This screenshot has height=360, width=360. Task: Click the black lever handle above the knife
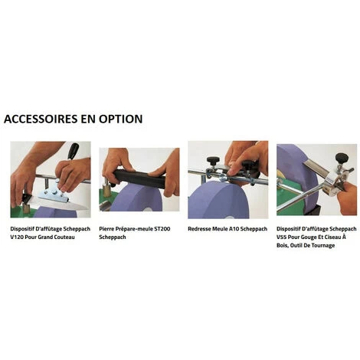click(73, 151)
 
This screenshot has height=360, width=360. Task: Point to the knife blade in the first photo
click(59, 204)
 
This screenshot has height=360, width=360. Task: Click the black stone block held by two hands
click(140, 178)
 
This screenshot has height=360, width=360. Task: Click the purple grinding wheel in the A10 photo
click(218, 201)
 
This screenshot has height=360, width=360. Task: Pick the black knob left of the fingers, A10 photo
click(213, 161)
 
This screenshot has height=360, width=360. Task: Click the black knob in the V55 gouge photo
click(342, 158)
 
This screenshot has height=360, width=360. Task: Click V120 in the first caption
click(17, 237)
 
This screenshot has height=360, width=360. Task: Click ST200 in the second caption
click(162, 229)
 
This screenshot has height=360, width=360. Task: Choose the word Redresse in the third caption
click(199, 229)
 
